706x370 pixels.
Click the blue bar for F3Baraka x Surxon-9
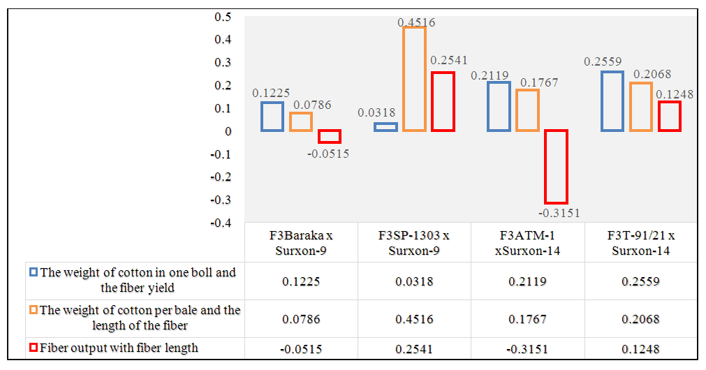[x=272, y=117]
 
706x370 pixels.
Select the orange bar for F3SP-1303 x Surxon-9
[x=414, y=79]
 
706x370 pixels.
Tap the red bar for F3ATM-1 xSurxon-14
[x=556, y=166]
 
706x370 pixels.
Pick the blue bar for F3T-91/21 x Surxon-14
[x=612, y=101]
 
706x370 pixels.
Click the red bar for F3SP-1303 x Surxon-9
[x=443, y=101]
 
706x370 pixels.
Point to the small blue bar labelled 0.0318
[x=385, y=127]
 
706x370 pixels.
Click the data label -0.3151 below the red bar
[x=559, y=213]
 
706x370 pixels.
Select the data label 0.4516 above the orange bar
[x=416, y=22]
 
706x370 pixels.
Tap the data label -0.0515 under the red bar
[x=328, y=154]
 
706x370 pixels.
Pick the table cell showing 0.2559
[x=641, y=281]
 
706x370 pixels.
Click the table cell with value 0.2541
[x=414, y=348]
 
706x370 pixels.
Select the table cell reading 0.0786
[x=301, y=318]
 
